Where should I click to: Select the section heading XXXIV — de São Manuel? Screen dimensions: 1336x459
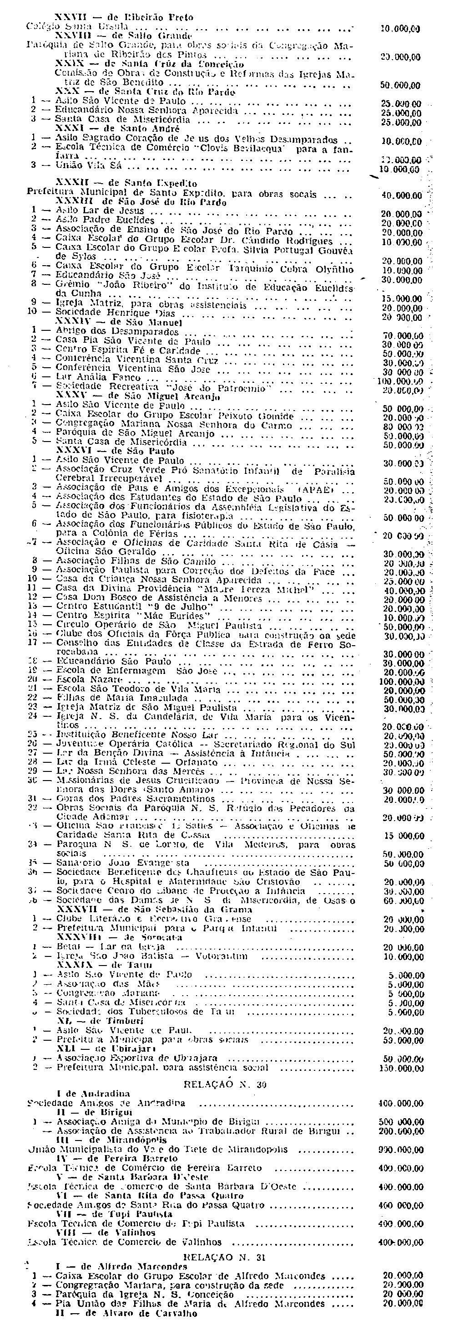tap(119, 322)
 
